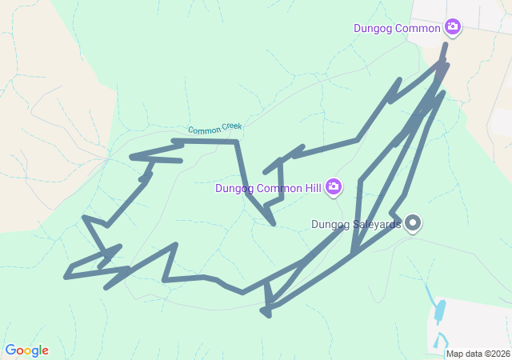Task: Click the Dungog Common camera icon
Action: coord(453,28)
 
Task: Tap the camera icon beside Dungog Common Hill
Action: coord(334,188)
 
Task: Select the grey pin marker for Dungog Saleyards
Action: coord(413,223)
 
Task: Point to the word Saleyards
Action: coord(377,225)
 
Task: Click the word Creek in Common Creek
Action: coord(229,126)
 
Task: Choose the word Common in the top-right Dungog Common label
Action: coord(418,29)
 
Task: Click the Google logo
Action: coord(26,350)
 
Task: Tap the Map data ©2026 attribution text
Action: coord(478,354)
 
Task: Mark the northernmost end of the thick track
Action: coord(446,45)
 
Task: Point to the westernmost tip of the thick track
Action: coord(66,278)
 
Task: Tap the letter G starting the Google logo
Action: coord(10,350)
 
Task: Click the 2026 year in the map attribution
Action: coord(500,354)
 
